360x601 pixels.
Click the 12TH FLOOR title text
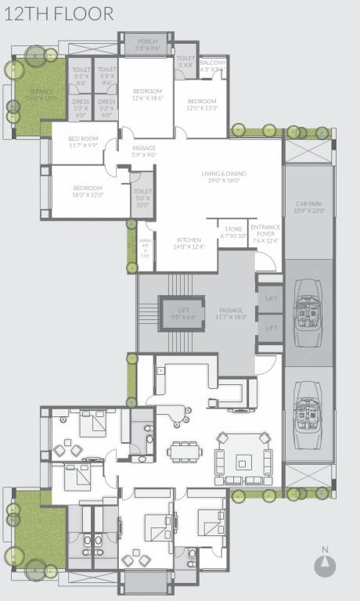58,13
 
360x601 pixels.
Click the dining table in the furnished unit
185,452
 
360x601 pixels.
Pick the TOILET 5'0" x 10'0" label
142,199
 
